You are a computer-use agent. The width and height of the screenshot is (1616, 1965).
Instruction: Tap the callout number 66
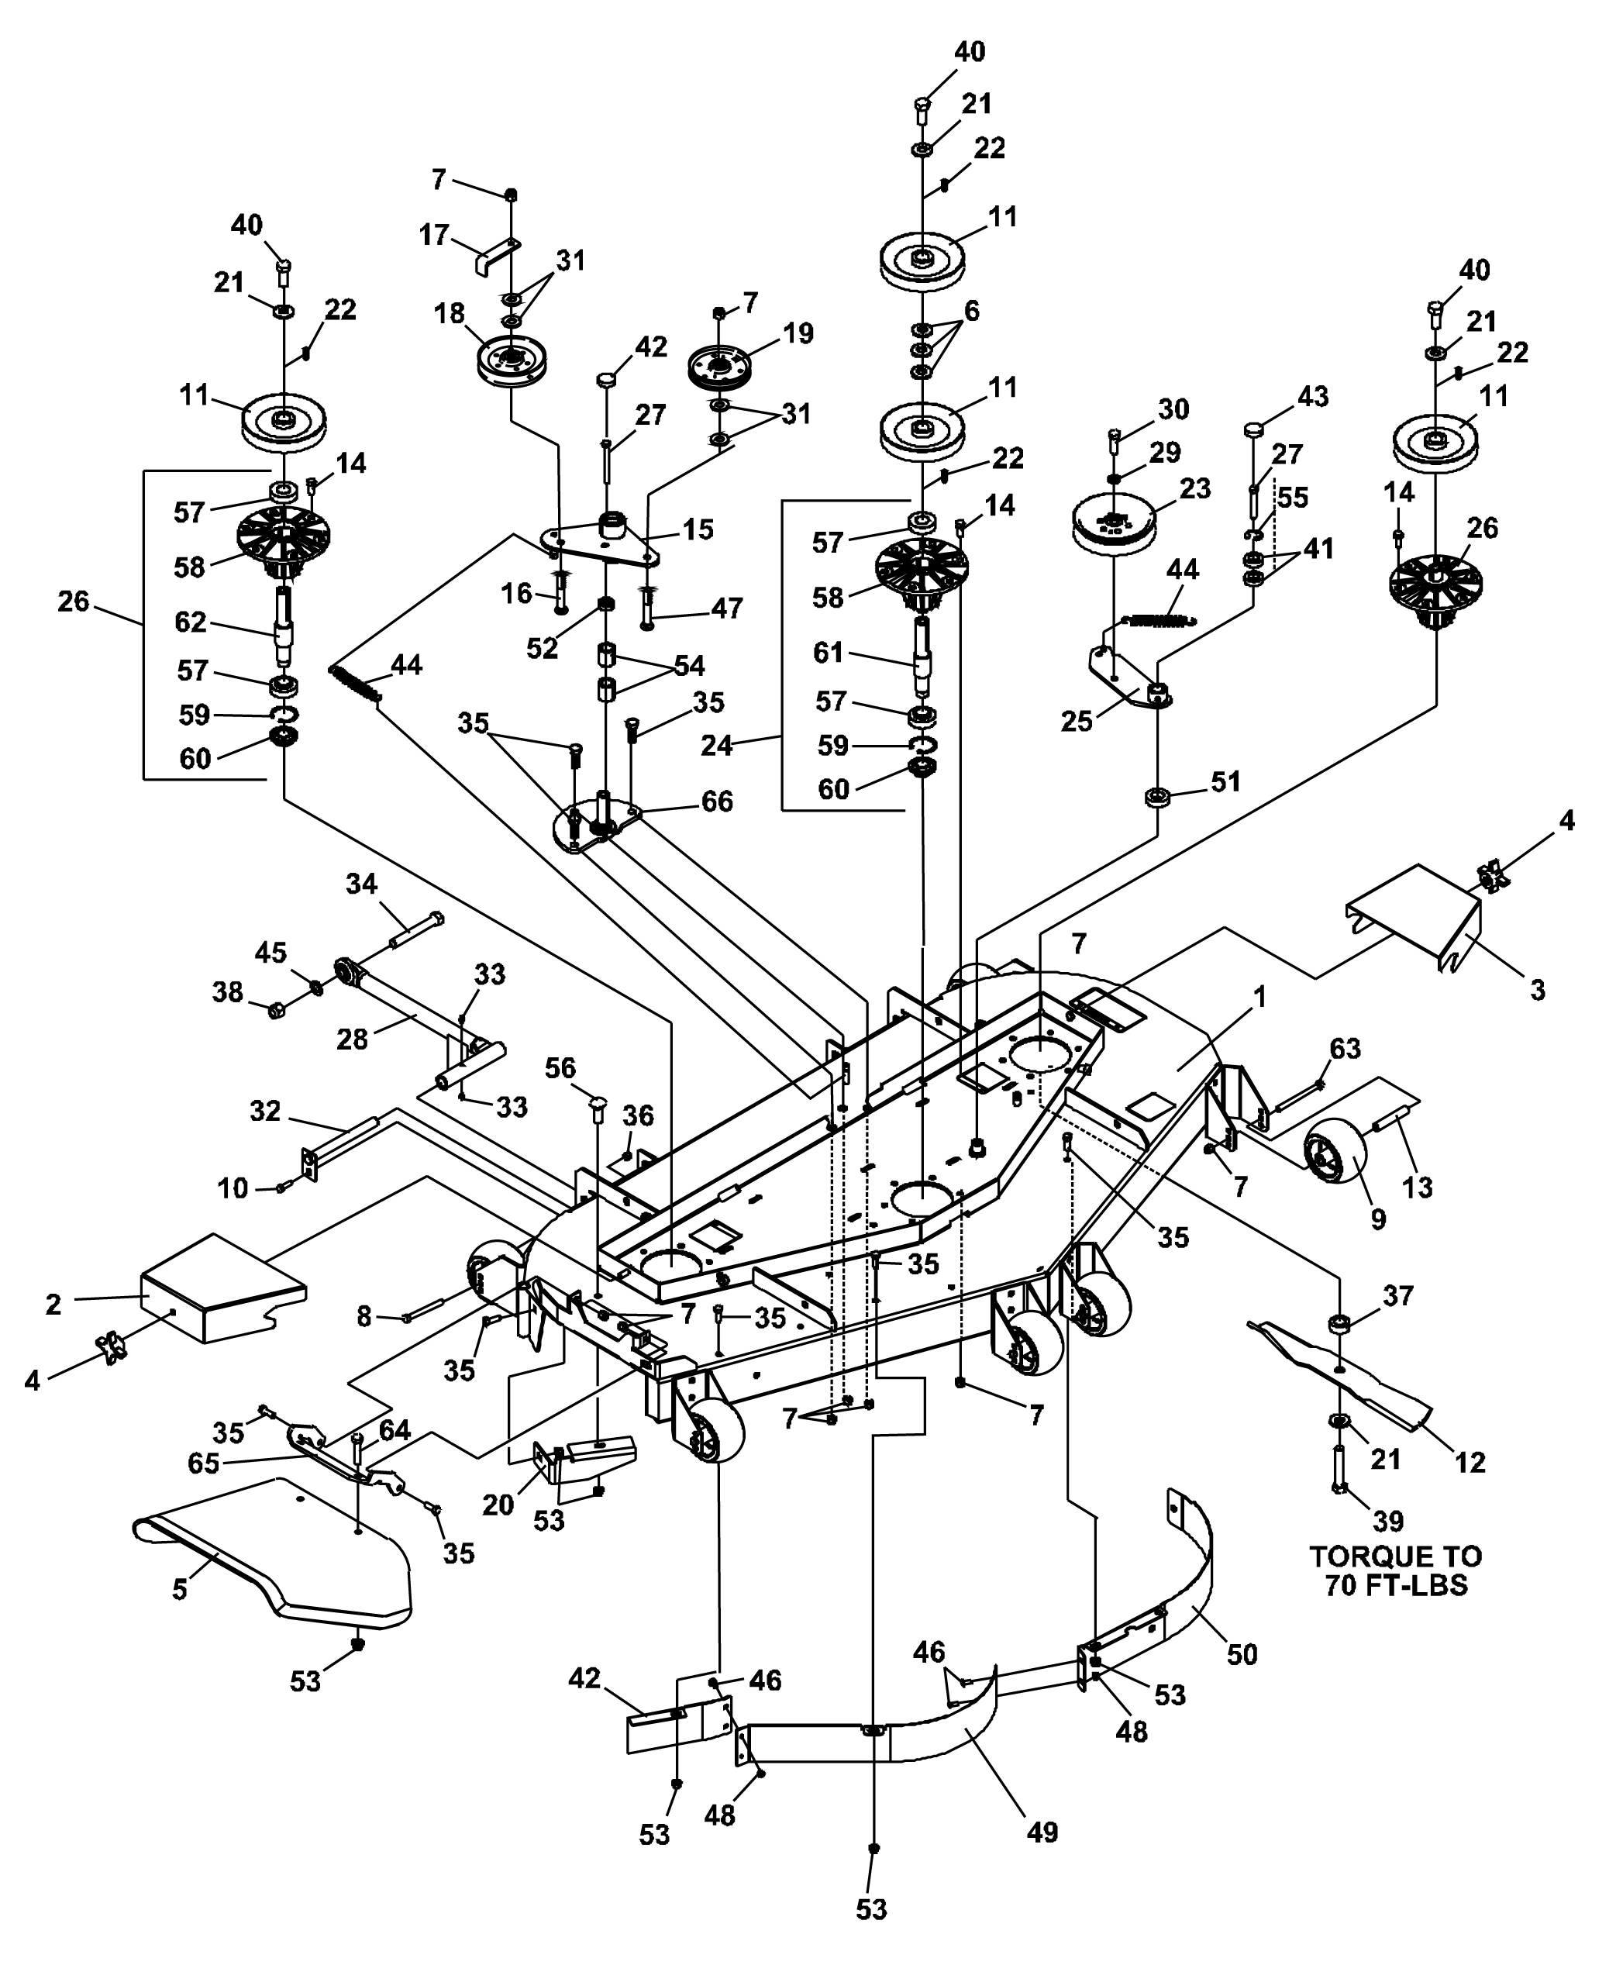tap(717, 802)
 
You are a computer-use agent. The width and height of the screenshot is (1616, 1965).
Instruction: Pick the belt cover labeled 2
tap(222, 1290)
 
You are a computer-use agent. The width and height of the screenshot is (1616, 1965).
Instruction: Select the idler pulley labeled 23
tap(1113, 522)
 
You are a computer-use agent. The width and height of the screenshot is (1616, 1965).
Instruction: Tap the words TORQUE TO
tap(1397, 1556)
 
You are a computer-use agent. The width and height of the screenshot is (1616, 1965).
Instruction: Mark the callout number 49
tap(1042, 1832)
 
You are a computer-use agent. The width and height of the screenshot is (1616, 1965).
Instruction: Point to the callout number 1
tap(1259, 997)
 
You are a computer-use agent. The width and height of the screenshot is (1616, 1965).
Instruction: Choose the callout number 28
tap(352, 1039)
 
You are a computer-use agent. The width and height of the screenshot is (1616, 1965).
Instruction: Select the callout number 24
tap(718, 745)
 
